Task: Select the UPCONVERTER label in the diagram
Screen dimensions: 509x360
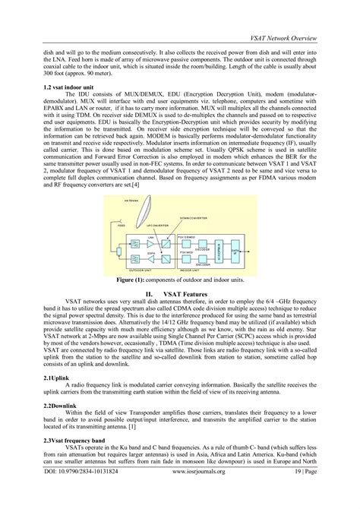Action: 156,226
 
